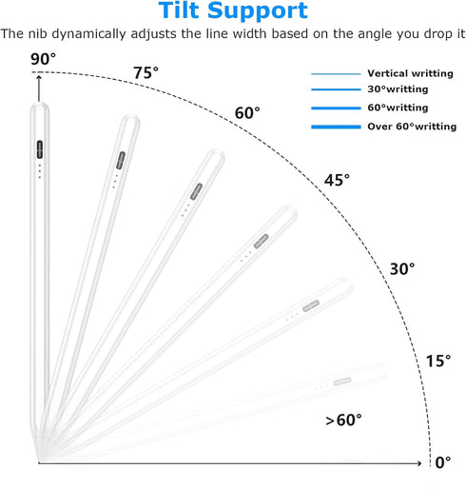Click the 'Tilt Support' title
233,10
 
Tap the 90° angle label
43,59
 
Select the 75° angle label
146,73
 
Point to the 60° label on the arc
247,113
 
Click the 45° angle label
337,180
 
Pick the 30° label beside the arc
402,269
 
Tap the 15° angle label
438,361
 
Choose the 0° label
443,462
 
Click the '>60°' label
343,421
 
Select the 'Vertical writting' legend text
410,73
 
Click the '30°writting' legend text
398,89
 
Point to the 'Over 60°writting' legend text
412,127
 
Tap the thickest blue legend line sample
336,127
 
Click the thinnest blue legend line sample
336,74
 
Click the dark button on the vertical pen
40,149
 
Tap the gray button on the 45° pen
262,242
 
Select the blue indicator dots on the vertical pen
40,171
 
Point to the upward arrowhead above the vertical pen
39,78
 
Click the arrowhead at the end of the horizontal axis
418,463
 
